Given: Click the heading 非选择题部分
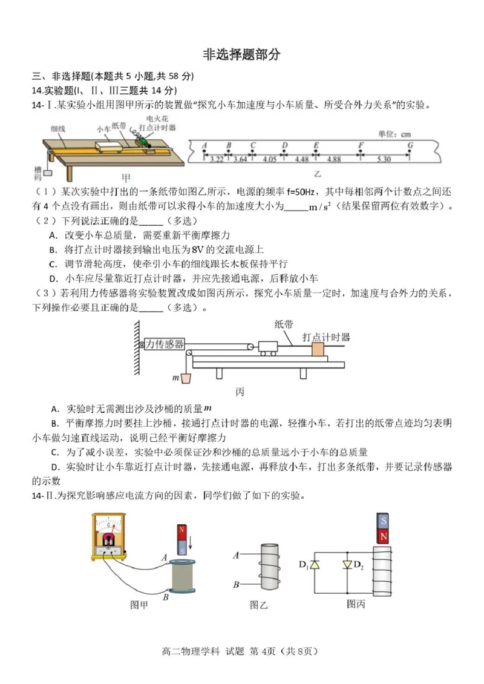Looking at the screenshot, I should coord(241,54).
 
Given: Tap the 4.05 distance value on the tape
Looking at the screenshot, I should coord(269,159).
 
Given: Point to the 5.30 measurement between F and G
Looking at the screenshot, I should coord(383,159).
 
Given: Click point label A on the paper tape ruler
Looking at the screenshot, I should coord(204,145).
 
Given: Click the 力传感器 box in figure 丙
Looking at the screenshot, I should coord(164,344).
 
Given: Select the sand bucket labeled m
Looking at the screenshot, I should coord(188,380).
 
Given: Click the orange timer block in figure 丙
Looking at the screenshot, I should coord(318,350).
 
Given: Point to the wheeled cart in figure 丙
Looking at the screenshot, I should coord(267,347).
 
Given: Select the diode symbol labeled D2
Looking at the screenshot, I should coord(347,565).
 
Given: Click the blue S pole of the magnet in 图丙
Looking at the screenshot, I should coord(382,521).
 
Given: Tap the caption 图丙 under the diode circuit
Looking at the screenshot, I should coord(356,603).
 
